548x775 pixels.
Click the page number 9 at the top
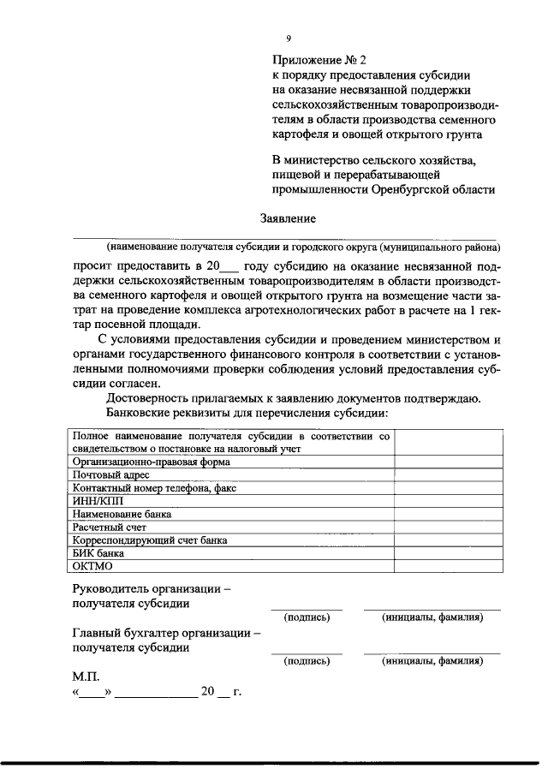289,38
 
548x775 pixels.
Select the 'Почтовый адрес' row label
111,474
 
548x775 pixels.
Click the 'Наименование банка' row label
122,515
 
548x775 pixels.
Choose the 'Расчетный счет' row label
110,528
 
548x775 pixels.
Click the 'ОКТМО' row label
93,567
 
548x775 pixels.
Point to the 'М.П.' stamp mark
87,677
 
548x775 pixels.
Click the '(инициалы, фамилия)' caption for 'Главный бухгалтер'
432,661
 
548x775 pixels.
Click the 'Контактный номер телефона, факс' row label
155,488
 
